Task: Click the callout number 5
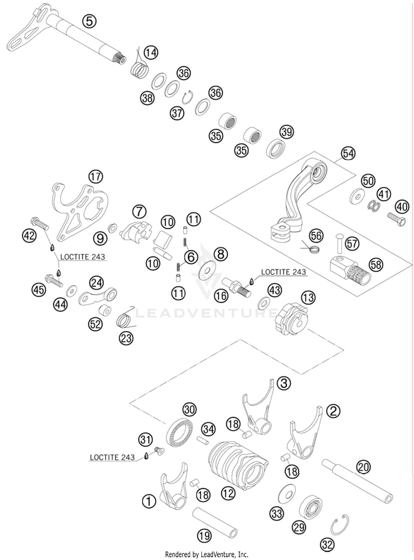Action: (89, 21)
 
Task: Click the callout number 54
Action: (348, 153)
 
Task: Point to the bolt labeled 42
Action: (40, 223)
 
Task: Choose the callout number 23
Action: (126, 338)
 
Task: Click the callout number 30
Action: (189, 410)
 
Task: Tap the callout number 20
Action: (363, 467)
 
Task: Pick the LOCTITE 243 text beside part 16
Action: (283, 272)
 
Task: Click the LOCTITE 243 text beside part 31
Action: (112, 457)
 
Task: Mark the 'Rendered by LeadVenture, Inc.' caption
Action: (206, 554)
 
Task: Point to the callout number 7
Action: (139, 212)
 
